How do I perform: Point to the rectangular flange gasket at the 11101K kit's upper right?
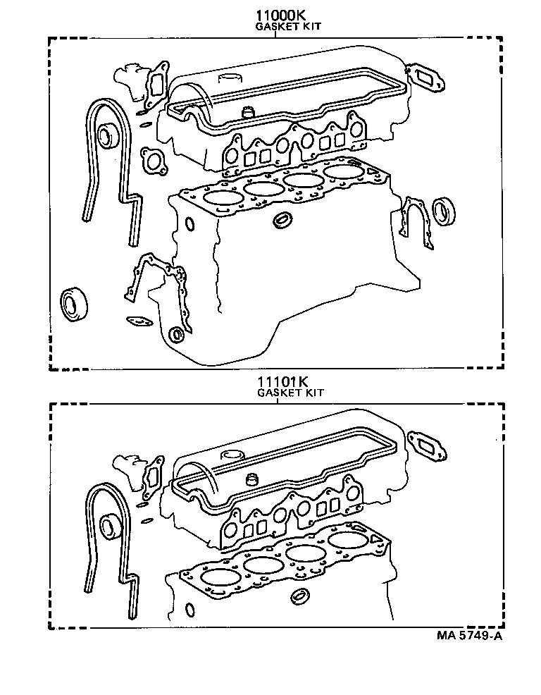coord(428,444)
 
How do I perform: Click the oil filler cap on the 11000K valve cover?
coord(231,77)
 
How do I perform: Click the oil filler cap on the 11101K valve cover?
coord(232,454)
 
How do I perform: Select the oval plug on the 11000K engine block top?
coord(284,220)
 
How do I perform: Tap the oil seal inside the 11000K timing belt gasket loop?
coord(108,135)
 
